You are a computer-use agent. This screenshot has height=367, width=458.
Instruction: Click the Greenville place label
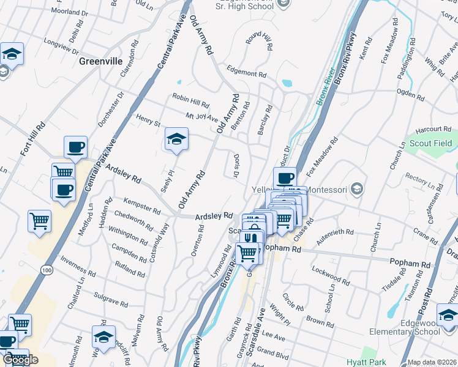coord(101,61)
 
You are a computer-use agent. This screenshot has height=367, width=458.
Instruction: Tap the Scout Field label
coord(431,144)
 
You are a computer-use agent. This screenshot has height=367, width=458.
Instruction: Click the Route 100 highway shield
coord(47,270)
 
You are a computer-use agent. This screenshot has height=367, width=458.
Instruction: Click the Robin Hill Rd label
coord(190,97)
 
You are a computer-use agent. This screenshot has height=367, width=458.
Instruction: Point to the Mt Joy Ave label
coord(202,116)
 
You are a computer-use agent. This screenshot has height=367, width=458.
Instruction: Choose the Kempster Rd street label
coord(141,206)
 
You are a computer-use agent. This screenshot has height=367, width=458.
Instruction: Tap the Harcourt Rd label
coord(432,129)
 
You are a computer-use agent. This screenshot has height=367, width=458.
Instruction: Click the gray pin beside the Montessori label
coord(358,188)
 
